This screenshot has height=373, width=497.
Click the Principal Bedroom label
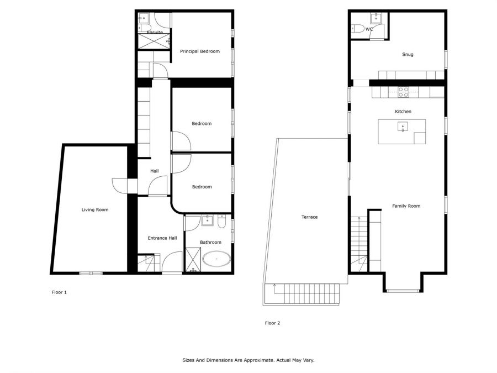199,51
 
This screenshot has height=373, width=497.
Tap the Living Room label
95,209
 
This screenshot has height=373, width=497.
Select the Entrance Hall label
162,238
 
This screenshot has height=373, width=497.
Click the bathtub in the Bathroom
216,259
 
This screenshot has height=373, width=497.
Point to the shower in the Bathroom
193,260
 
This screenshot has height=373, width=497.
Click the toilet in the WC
358,29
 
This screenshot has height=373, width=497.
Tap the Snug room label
408,55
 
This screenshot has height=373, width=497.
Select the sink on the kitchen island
403,127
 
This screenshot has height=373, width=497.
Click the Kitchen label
403,112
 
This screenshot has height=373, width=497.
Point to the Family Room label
406,206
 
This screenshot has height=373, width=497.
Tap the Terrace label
309,217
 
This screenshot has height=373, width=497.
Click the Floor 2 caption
272,323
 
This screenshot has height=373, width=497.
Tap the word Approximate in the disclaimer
255,360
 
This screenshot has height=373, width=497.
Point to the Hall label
155,171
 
